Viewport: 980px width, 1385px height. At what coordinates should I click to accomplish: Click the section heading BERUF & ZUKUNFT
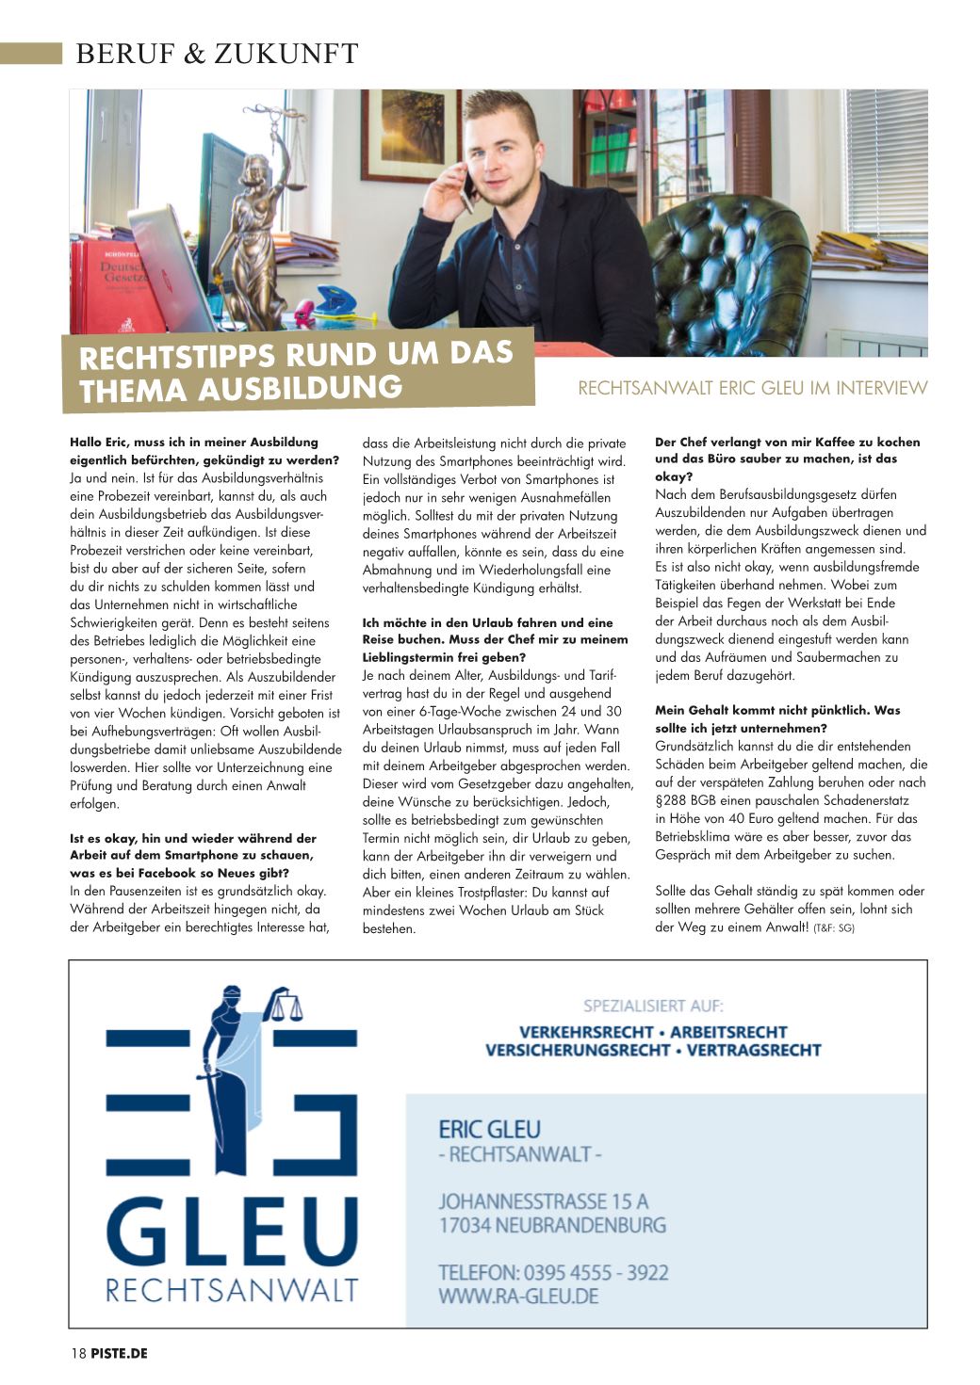click(x=217, y=55)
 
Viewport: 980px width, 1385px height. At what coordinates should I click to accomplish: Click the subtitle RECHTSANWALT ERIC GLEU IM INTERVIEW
click(x=752, y=388)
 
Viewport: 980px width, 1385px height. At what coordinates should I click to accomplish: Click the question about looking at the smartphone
click(x=193, y=855)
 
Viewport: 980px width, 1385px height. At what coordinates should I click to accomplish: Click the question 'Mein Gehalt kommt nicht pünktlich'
click(x=777, y=719)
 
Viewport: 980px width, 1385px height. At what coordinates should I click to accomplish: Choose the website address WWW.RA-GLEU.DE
click(x=518, y=1296)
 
